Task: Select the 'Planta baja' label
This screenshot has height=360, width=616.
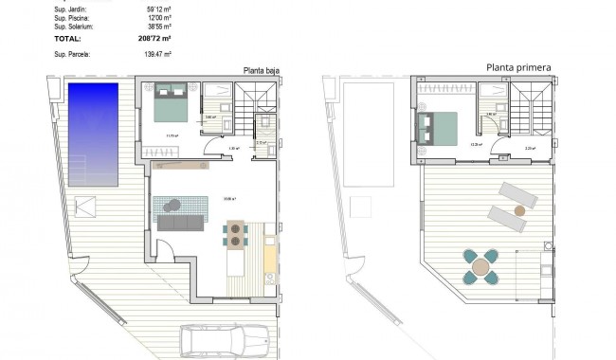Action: pos(261,70)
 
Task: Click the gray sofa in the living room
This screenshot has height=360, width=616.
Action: pos(181,224)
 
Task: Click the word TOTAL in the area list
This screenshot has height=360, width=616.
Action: pos(68,39)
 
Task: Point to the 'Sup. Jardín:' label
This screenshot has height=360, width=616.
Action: pos(72,9)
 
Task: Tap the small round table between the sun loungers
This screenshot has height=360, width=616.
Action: pos(518,209)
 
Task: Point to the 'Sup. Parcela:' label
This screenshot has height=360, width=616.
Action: pos(73,56)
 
